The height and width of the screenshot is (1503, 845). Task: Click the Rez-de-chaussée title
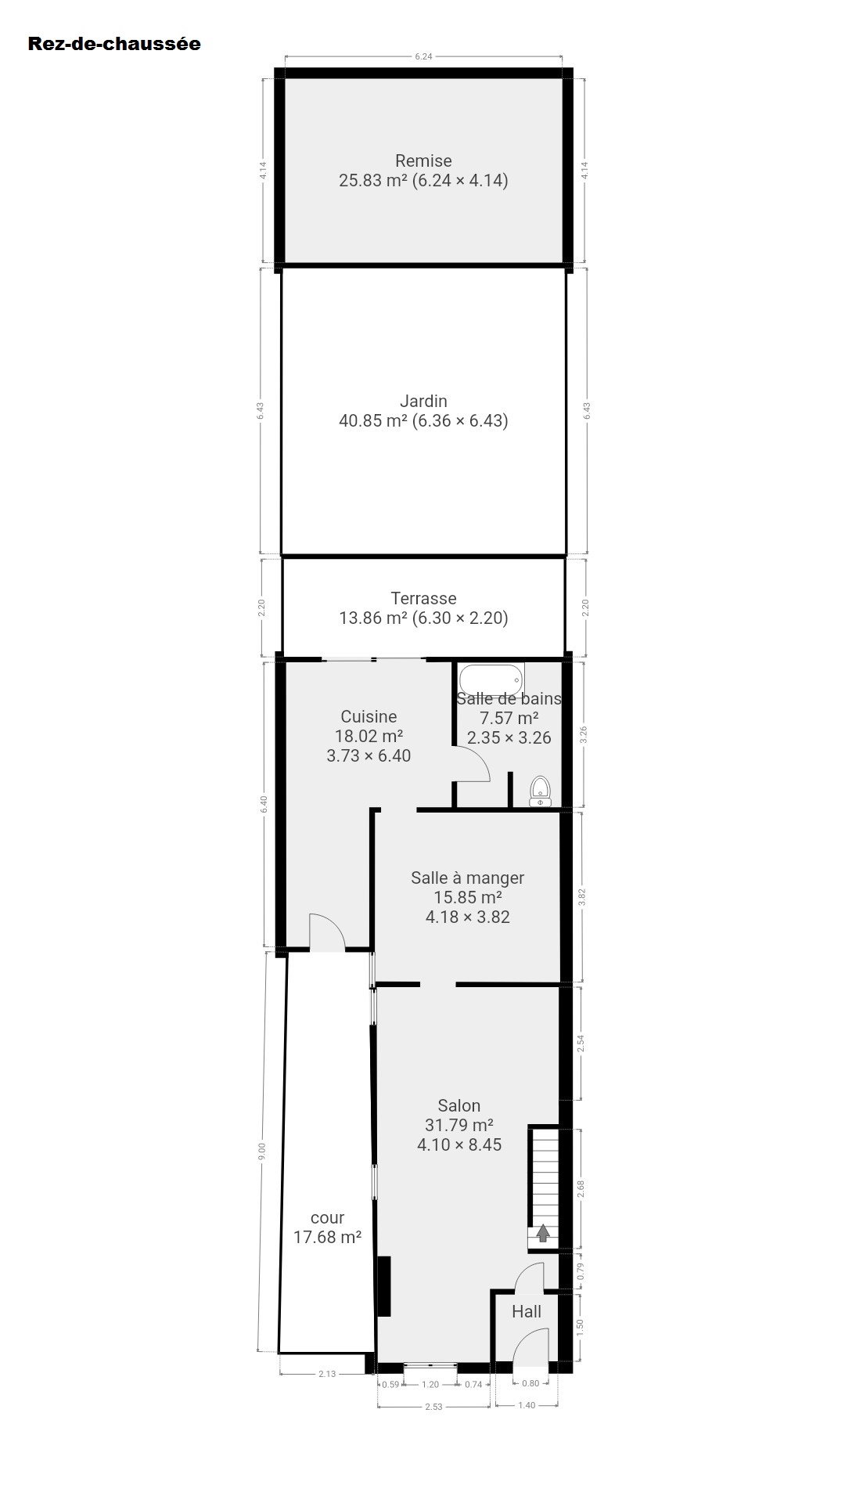coord(114,44)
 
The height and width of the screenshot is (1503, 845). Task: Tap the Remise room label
coord(423,160)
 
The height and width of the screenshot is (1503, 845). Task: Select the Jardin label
coord(423,401)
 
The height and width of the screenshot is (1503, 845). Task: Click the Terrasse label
coord(423,598)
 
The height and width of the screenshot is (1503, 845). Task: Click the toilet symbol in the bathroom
coord(541,791)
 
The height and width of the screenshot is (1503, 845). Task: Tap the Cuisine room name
coord(369,716)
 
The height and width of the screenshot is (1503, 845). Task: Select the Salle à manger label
coord(468,878)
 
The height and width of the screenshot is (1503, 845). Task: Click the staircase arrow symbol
coord(542,1234)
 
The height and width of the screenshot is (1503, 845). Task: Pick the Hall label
coord(527,1311)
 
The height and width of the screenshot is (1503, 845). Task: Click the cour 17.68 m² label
coord(327,1227)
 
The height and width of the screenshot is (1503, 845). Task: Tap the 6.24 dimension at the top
coord(423,56)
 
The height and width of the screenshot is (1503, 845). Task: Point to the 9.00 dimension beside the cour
coord(263,1152)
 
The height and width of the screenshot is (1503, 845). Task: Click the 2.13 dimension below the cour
coord(327,1374)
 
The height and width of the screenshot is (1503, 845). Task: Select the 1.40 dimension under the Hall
coord(527,1405)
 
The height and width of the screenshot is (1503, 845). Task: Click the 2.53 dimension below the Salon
coord(433,1407)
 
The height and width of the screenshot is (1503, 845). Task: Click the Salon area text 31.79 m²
coord(459,1125)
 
